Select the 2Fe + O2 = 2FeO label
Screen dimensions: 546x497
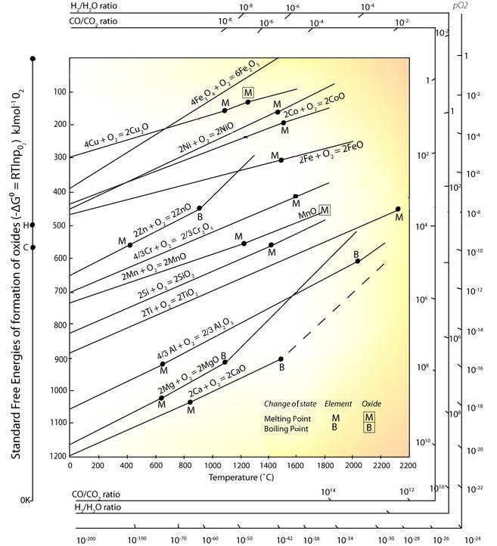pos(327,156)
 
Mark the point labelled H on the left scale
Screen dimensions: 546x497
pos(33,225)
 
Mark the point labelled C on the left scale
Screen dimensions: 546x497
pos(33,247)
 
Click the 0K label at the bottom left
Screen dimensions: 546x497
pos(26,500)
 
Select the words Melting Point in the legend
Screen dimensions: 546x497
pos(285,417)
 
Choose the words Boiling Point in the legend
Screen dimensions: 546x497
pos(284,428)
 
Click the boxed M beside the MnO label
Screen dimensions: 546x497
pos(325,210)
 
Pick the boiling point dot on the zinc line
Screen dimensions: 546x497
pos(199,208)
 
